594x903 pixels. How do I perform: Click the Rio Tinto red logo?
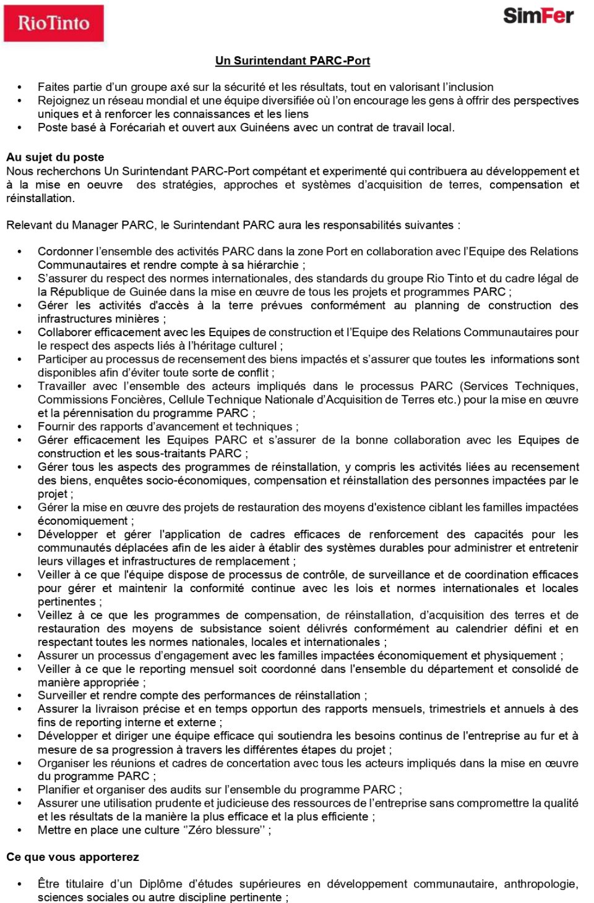click(54, 23)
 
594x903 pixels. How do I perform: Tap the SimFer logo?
click(538, 16)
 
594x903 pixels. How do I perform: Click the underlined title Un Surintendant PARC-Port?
click(293, 61)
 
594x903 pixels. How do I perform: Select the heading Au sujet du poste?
click(55, 157)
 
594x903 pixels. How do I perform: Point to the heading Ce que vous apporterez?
click(72, 857)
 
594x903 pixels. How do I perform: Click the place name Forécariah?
click(137, 127)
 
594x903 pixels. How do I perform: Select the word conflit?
click(254, 373)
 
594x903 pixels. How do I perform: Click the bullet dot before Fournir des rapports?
click(20, 427)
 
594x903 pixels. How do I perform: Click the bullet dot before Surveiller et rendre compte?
click(20, 696)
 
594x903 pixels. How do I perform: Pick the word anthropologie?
click(540, 884)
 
